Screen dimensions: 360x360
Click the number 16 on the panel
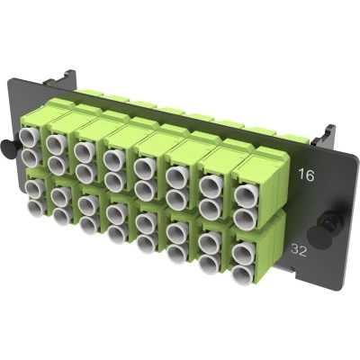tap(306, 175)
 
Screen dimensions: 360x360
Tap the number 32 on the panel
tap(299, 250)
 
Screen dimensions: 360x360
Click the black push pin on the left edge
tap(6, 147)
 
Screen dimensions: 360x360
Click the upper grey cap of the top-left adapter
tap(29, 137)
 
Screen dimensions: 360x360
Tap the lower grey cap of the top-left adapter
tap(31, 157)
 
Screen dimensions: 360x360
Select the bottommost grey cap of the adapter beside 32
tap(243, 274)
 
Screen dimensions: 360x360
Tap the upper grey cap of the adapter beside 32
tap(245, 253)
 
